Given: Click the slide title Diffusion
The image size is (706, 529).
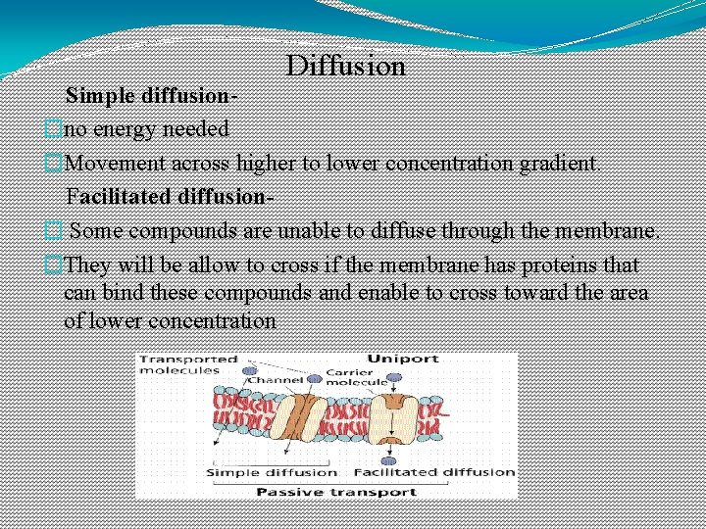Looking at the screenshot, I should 345,66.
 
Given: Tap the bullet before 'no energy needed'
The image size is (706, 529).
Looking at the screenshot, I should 54,128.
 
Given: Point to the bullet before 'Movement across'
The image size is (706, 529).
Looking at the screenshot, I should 54,163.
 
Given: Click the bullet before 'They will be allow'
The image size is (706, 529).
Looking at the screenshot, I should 54,264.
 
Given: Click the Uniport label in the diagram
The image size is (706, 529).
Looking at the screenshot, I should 402,360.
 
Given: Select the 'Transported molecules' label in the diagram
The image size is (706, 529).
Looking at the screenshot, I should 178,364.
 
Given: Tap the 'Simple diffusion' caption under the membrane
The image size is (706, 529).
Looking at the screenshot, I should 260,472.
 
